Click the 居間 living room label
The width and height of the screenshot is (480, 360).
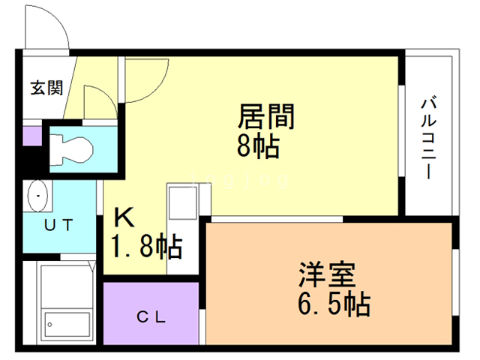pos(266,118)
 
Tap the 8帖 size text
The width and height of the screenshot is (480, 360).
pos(258,147)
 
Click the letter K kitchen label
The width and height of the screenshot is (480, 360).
pos(124,217)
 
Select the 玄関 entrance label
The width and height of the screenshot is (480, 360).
pos(46,88)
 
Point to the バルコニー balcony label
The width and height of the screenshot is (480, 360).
pos(428,137)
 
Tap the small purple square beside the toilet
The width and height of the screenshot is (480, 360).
pos(31,136)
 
